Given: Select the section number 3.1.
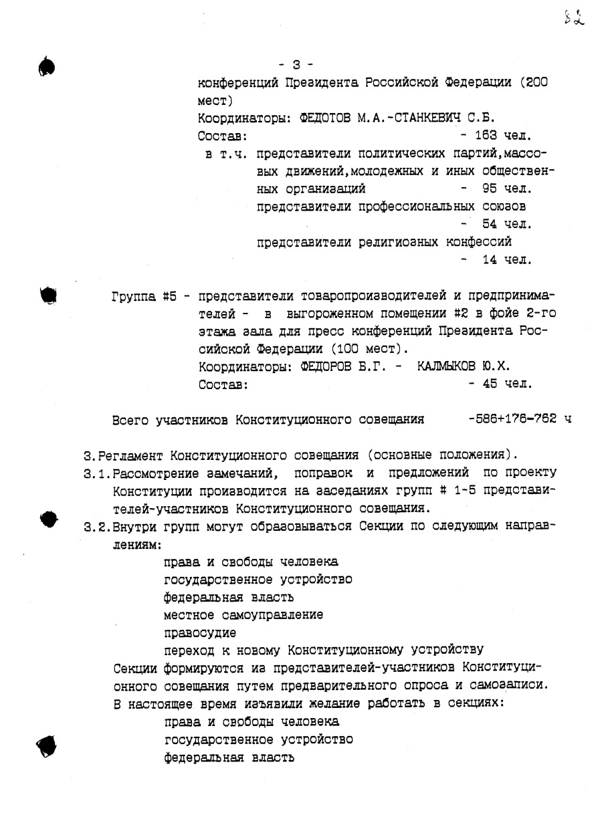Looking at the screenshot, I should (96, 474).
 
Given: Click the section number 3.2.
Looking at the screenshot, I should (96, 525).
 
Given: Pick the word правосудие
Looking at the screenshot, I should (199, 632).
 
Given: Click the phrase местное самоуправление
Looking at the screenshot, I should (243, 614).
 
